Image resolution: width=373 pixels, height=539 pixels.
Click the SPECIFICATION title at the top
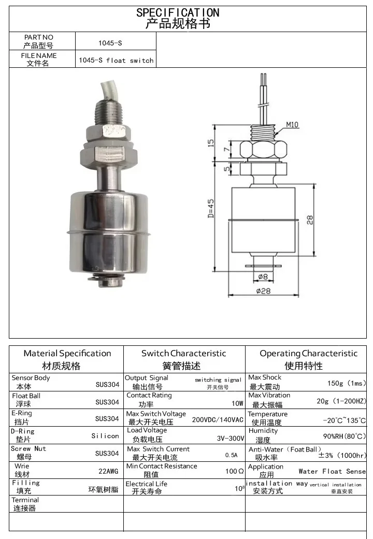(x=178, y=12)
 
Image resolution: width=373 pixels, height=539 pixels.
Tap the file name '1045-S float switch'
(x=116, y=61)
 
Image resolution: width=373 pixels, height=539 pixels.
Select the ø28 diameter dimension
(x=263, y=291)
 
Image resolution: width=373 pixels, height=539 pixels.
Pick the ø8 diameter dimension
(x=263, y=276)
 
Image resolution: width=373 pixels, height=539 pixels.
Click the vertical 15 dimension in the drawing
(x=211, y=143)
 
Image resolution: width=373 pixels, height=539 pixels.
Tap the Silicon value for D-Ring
(x=105, y=436)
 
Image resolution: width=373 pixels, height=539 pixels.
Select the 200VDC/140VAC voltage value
(x=218, y=419)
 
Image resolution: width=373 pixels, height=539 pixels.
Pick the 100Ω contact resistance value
(x=234, y=472)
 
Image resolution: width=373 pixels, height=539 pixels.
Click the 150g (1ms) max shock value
(x=346, y=384)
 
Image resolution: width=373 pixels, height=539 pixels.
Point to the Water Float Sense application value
(x=332, y=472)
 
